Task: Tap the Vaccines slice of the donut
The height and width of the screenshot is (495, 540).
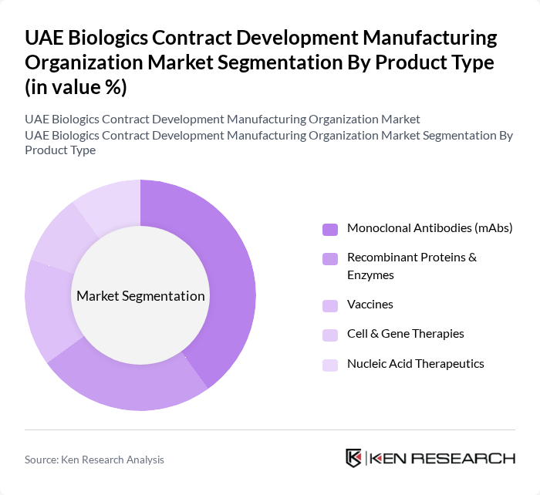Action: tap(48, 308)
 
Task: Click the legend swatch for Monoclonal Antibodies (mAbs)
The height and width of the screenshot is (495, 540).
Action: tap(330, 229)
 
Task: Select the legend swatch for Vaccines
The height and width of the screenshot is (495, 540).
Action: tap(330, 305)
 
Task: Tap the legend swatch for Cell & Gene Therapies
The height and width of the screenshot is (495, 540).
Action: tap(330, 334)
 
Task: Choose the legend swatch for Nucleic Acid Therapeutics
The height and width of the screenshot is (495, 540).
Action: tap(330, 364)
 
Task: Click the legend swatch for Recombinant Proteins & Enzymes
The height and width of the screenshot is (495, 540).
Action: tap(330, 258)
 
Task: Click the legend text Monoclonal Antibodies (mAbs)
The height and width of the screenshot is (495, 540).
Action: tap(430, 228)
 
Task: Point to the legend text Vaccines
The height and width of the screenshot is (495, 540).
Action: tap(370, 304)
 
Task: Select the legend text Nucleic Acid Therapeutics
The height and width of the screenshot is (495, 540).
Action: tap(416, 363)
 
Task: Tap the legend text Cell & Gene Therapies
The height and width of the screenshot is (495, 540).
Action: tap(406, 333)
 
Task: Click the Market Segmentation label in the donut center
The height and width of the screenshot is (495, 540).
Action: tap(140, 296)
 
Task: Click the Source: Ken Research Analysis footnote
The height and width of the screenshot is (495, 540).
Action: tap(94, 460)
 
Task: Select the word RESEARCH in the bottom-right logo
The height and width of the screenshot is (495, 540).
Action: tap(471, 458)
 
